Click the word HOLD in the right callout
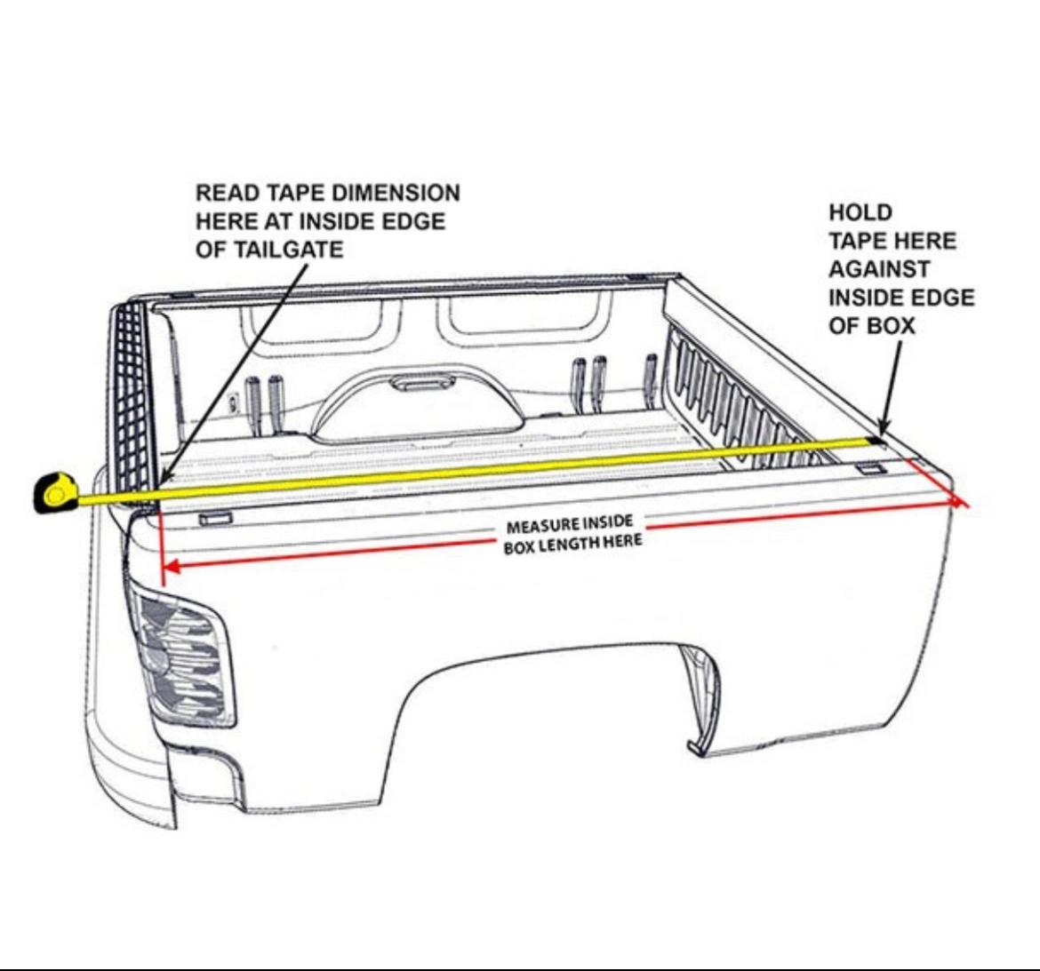pos(860,213)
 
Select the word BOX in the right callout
pos(890,326)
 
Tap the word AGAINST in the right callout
pos(879,269)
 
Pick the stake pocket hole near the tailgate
pos(216,518)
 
